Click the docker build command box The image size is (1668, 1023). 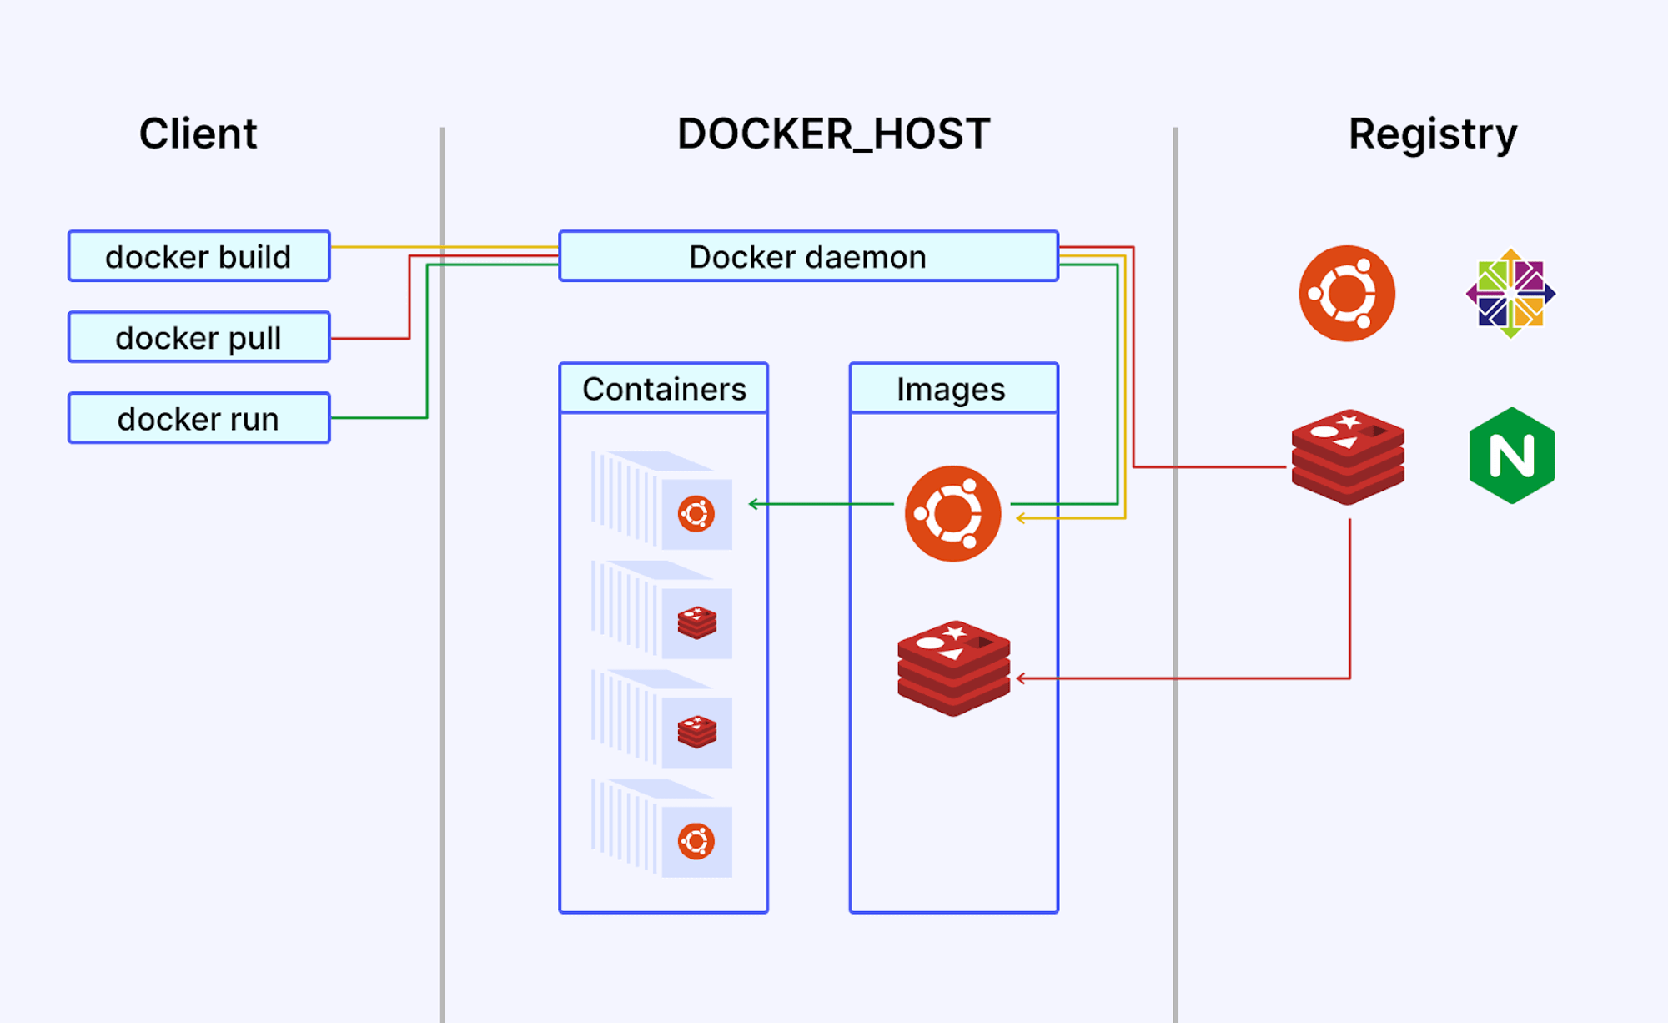tap(198, 256)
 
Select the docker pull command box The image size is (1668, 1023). tap(198, 337)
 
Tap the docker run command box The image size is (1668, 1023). tap(198, 418)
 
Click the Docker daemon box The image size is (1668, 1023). tap(808, 256)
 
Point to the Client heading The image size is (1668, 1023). tap(198, 134)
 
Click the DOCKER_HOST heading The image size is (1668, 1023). tap(833, 134)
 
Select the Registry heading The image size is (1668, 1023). tap(1432, 134)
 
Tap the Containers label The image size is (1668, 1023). tap(664, 389)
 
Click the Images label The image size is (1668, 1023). tap(951, 389)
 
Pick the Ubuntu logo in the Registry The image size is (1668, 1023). tap(1346, 294)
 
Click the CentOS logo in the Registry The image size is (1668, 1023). tap(1510, 294)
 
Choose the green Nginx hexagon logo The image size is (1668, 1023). tap(1511, 456)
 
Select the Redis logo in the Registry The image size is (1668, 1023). tap(1348, 456)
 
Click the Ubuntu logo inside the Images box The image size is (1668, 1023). tap(952, 513)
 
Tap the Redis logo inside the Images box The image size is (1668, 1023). tap(953, 668)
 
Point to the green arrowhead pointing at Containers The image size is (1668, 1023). tap(752, 504)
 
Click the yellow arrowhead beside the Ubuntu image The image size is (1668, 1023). tap(1020, 519)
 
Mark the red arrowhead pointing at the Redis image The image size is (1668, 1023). tap(1020, 678)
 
